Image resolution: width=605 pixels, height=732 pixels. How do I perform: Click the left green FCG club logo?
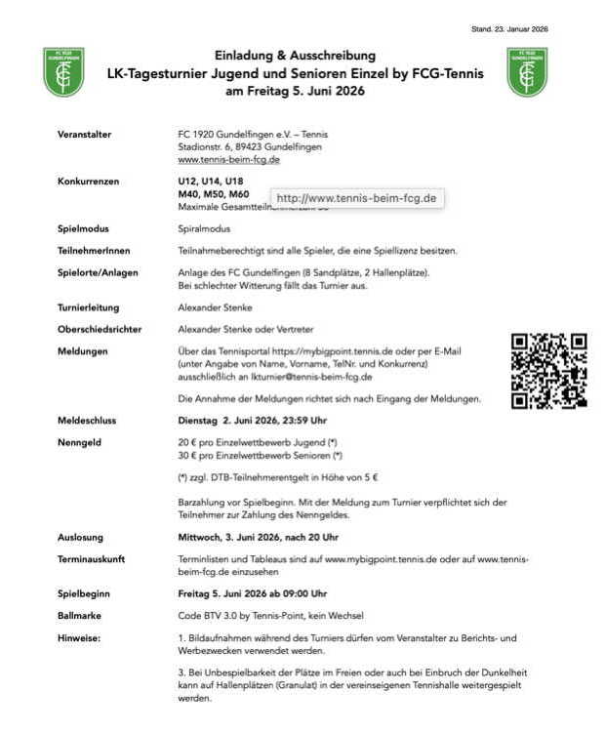63,72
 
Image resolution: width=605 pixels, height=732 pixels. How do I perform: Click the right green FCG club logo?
528,72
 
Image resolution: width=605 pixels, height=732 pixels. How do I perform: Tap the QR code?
549,370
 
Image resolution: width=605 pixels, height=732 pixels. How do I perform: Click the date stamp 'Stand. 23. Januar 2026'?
508,28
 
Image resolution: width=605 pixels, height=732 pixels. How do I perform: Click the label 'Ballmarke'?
79,615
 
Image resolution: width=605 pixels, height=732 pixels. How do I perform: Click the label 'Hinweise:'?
77,636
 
